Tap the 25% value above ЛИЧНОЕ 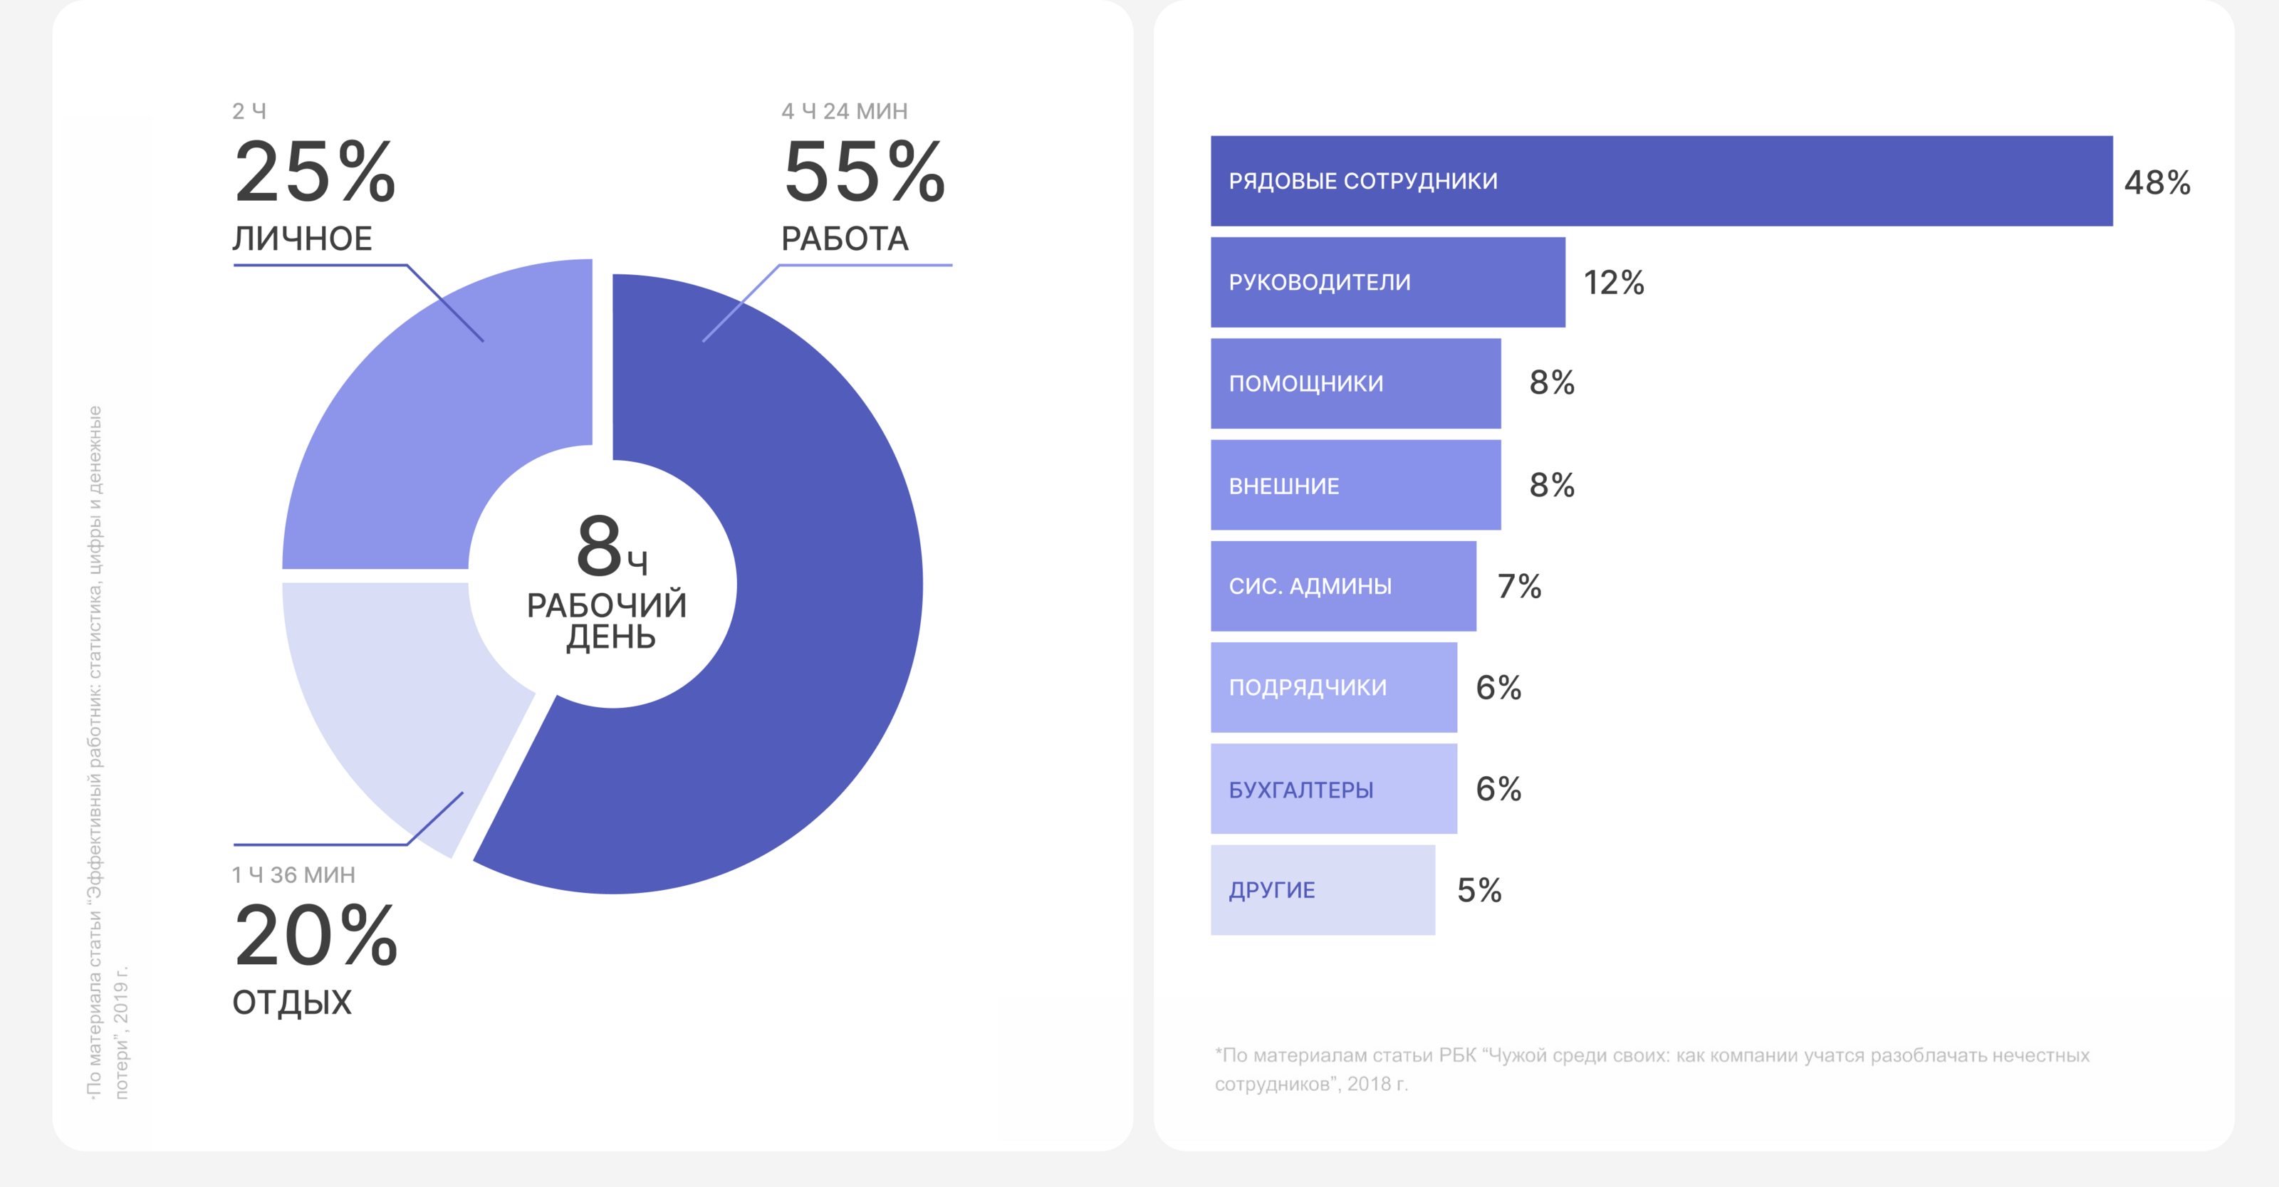pos(315,172)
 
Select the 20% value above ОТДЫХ pos(315,936)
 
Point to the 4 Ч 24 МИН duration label pos(844,112)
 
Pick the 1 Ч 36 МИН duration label pos(293,875)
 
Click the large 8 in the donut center pos(599,545)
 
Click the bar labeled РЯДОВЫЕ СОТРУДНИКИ pos(1662,182)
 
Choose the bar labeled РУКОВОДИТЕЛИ pos(1387,282)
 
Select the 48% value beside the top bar pos(2157,183)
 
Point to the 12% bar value pos(1613,283)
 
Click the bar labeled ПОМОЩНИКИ pos(1355,384)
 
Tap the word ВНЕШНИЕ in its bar pos(1283,486)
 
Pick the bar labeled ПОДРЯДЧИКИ pos(1333,687)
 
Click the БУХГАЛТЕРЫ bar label pos(1300,790)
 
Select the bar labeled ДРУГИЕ pos(1323,890)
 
